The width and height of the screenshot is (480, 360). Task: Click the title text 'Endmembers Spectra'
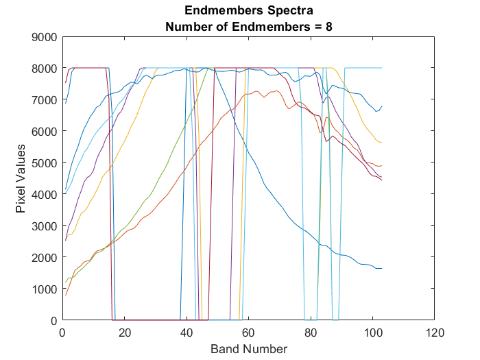pos(248,12)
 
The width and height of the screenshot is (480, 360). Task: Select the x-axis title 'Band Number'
pos(248,349)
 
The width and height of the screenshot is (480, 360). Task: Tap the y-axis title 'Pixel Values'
pos(21,178)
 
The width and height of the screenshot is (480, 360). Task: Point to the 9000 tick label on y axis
pos(45,37)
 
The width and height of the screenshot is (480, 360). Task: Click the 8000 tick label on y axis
pos(45,69)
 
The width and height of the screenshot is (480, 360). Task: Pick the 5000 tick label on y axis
pos(45,163)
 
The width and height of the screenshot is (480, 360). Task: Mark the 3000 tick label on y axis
pos(45,226)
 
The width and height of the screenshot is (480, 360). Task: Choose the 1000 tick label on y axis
pos(45,289)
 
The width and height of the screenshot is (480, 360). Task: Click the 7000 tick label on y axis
pos(45,100)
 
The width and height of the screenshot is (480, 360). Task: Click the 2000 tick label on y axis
pos(45,257)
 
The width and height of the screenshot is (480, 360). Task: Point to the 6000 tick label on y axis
pos(45,132)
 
